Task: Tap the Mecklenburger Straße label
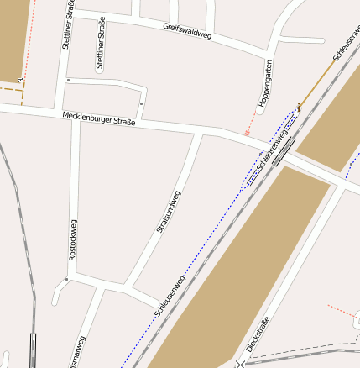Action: click(98, 120)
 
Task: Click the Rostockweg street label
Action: click(73, 240)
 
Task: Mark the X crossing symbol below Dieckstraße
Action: click(242, 365)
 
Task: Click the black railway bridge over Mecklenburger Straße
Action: click(283, 150)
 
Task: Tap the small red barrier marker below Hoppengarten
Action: click(247, 132)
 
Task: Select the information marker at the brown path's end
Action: click(299, 106)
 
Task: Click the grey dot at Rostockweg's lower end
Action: click(66, 278)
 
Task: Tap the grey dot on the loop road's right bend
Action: click(141, 103)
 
